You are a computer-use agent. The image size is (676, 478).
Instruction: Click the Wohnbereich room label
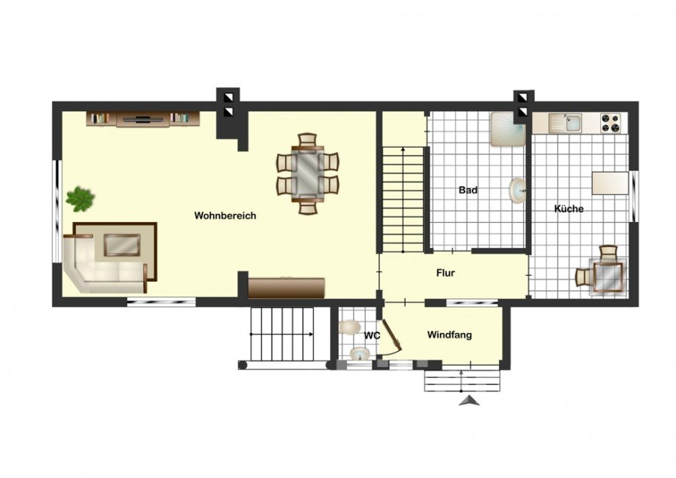tap(225, 215)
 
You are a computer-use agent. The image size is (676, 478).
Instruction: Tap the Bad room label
tap(468, 190)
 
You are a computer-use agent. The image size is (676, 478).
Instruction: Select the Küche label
tap(569, 209)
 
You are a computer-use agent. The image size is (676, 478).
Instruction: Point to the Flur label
tap(445, 273)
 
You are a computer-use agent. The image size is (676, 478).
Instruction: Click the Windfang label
tap(449, 335)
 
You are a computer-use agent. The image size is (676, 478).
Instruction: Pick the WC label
tap(372, 335)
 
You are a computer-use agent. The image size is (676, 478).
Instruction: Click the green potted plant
tap(80, 199)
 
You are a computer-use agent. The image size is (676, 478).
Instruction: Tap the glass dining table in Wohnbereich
tap(308, 174)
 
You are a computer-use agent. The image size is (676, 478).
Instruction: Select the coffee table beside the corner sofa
tap(122, 245)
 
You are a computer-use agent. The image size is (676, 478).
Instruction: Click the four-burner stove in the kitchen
tap(611, 122)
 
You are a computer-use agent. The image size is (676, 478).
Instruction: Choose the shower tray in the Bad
tap(507, 129)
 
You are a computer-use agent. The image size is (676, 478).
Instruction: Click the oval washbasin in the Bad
tap(517, 190)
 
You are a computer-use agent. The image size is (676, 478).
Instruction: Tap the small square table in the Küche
tap(608, 277)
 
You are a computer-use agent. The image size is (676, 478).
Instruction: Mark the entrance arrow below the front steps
tap(469, 402)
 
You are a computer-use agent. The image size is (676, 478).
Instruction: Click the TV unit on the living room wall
tap(143, 118)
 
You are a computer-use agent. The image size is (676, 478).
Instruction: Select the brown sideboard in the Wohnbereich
tap(287, 288)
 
